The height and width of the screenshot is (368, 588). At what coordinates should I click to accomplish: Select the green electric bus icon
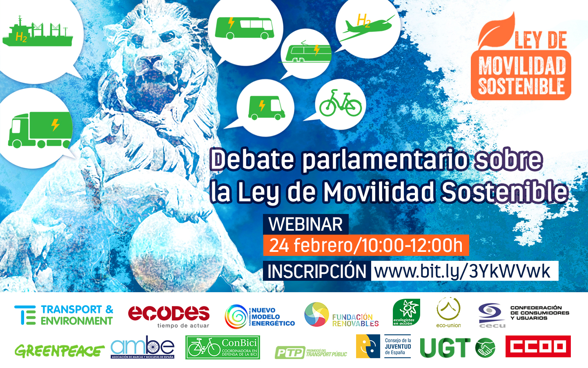pos(244,28)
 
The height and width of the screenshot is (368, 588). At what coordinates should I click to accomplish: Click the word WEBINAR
pos(305,225)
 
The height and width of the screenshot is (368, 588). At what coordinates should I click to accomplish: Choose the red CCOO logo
pos(538,347)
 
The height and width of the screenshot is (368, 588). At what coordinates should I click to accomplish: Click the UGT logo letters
pos(445,348)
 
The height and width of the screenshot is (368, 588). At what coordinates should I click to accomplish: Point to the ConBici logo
pos(223,347)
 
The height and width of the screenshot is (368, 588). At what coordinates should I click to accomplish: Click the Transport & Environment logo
pos(64,315)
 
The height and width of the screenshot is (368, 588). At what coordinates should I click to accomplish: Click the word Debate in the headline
pos(252,159)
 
